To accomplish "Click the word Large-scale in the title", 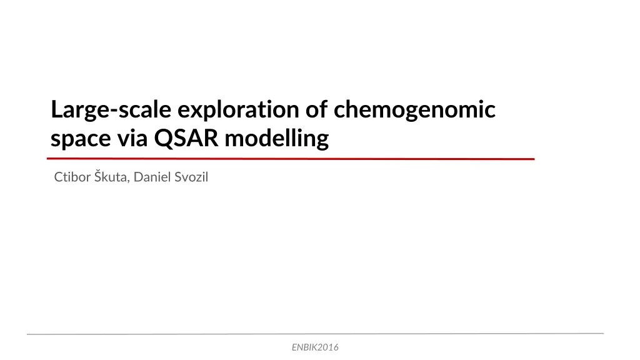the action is click(x=111, y=110).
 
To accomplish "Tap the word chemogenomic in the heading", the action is click(x=414, y=110).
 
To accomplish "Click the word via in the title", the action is click(x=132, y=138).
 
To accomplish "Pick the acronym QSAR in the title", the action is click(x=186, y=138).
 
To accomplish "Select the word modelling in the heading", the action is click(x=277, y=139).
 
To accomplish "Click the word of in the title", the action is click(x=317, y=109).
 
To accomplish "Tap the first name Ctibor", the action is click(x=72, y=177).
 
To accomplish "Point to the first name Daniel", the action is click(x=151, y=177).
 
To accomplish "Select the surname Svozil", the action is click(x=190, y=177).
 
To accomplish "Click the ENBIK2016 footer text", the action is click(x=315, y=347).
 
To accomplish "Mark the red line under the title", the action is click(x=291, y=159).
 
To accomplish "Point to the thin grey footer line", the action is click(x=315, y=334).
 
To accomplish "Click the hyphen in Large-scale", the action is click(x=113, y=111).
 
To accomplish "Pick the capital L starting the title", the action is click(x=57, y=109).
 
